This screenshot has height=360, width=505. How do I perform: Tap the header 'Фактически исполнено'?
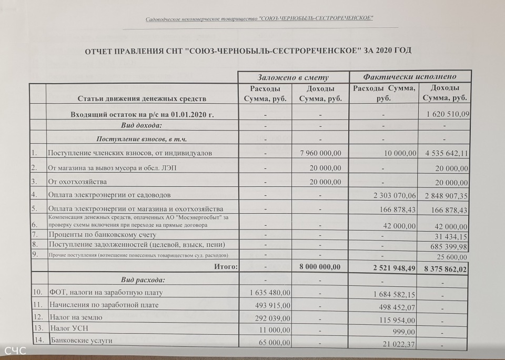[x=410, y=77]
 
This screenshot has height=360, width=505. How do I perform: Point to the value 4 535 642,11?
[x=446, y=154]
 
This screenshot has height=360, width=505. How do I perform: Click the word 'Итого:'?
[x=226, y=267]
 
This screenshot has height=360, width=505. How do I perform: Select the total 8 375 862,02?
[x=446, y=268]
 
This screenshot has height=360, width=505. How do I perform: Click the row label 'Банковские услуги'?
[x=82, y=341]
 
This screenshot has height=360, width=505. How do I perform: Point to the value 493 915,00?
[x=269, y=305]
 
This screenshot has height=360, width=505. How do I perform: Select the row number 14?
[x=37, y=340]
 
